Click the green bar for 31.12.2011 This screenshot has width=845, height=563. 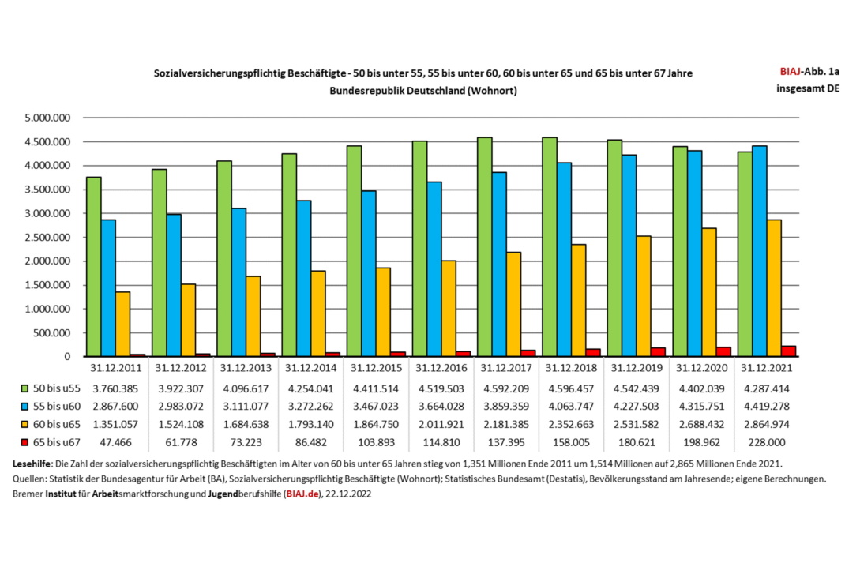[x=94, y=267]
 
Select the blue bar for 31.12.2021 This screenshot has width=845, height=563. [x=759, y=251]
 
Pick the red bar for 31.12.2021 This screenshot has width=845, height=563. [x=788, y=351]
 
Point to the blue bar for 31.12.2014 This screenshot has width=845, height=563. [x=303, y=279]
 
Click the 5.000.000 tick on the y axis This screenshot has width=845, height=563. [x=48, y=118]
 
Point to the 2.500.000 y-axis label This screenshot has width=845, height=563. [x=48, y=238]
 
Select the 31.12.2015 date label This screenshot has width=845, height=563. [x=375, y=367]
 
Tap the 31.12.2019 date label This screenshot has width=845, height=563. [x=634, y=367]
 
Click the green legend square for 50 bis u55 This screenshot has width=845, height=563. [x=24, y=388]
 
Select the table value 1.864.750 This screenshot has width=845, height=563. [x=375, y=425]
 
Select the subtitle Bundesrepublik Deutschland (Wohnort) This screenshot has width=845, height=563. [x=424, y=91]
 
